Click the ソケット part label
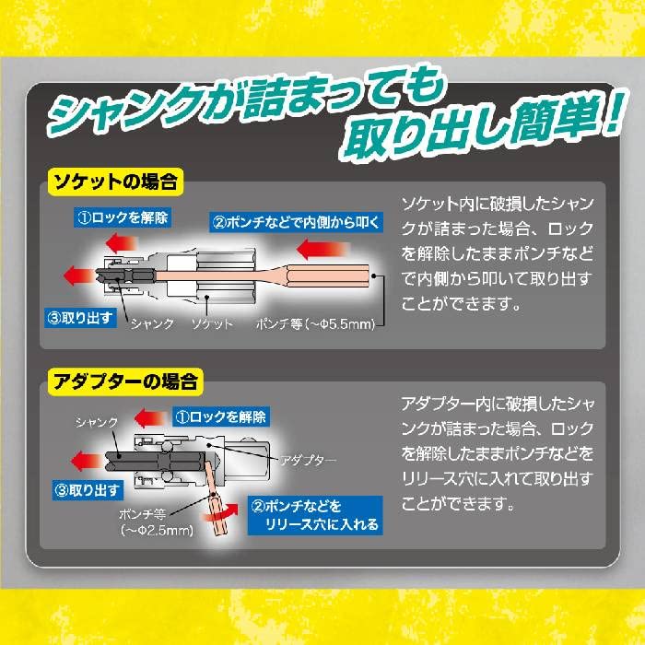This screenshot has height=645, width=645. coord(212,324)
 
